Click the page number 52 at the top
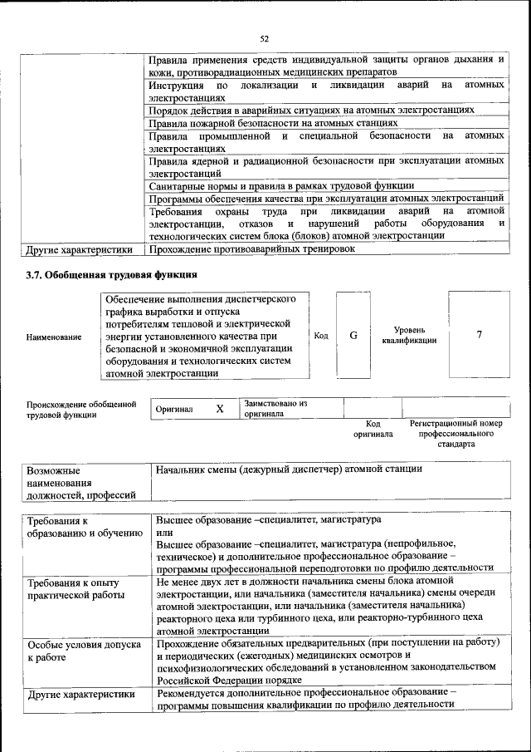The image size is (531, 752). (265, 38)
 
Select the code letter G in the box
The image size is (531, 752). (353, 335)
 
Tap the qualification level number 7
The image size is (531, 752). (479, 334)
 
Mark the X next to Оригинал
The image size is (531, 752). (220, 409)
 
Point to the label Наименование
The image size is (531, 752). (54, 337)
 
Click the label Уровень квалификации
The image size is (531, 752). (409, 335)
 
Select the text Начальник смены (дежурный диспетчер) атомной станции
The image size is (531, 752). (290, 469)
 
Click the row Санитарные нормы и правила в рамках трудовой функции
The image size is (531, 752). (281, 186)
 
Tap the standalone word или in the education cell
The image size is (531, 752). (164, 531)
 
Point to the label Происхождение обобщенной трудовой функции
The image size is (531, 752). (80, 409)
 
